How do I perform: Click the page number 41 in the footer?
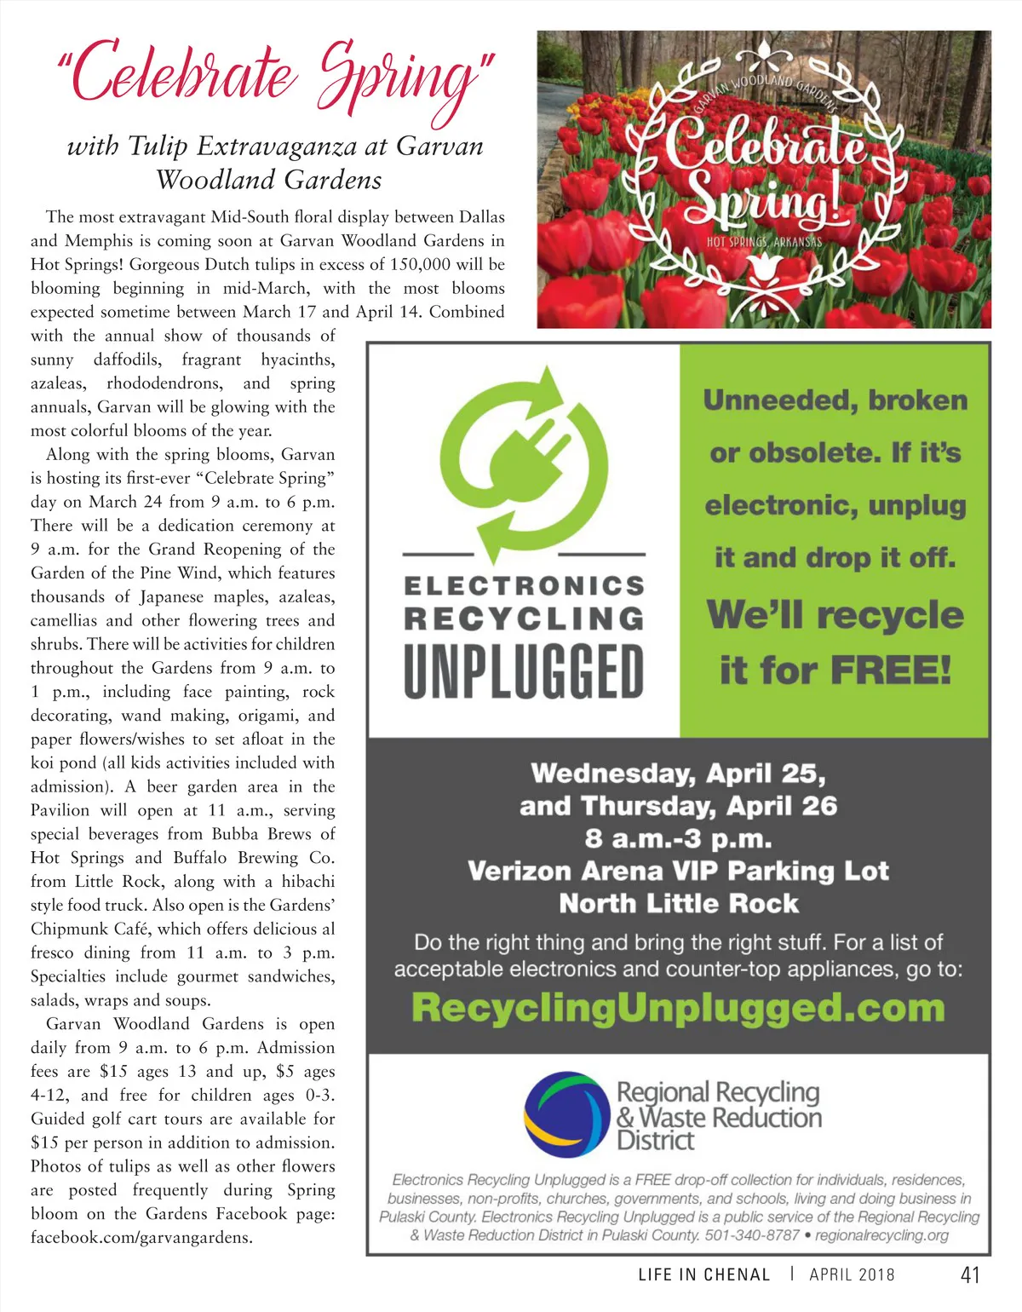[x=969, y=1275]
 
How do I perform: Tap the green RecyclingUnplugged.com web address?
[x=678, y=1008]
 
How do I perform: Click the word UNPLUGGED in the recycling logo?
[x=524, y=671]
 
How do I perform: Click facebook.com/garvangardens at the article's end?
[x=141, y=1237]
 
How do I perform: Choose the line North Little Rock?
[x=678, y=903]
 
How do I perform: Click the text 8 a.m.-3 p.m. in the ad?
[x=678, y=839]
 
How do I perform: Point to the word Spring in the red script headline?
[x=400, y=78]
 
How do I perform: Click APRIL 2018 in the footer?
[x=852, y=1275]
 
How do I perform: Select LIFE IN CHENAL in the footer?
[x=703, y=1275]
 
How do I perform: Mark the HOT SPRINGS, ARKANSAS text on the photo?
[x=764, y=242]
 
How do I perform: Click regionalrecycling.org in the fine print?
[x=881, y=1234]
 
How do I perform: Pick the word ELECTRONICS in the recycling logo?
[x=524, y=586]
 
